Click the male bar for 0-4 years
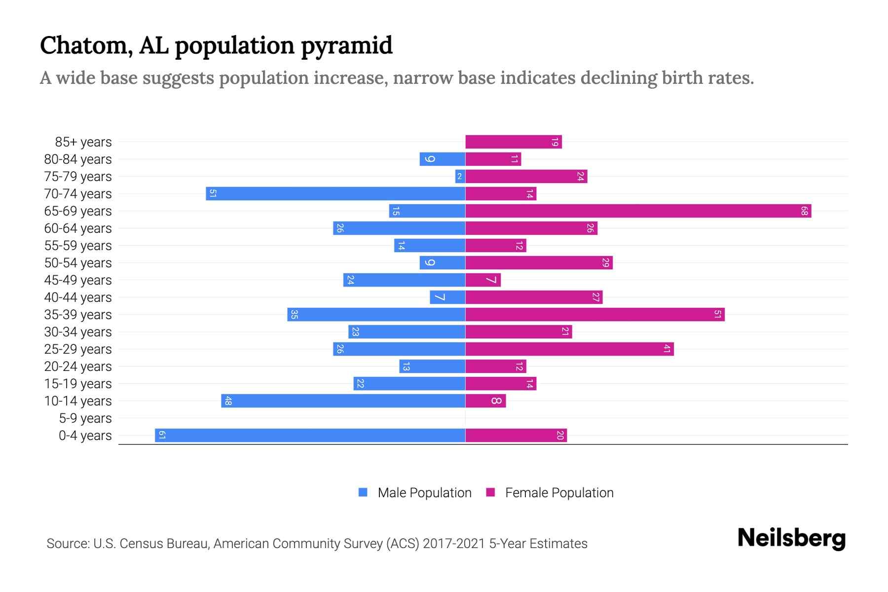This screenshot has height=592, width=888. (x=310, y=435)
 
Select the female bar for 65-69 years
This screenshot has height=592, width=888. (x=638, y=211)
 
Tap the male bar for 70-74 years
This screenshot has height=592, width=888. (x=335, y=194)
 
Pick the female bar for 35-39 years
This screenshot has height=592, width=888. (x=594, y=314)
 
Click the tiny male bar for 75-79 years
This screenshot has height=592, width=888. (x=460, y=177)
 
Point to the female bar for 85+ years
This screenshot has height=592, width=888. (x=513, y=142)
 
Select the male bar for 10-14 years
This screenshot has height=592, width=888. (x=343, y=401)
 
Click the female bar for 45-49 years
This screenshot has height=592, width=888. (x=482, y=280)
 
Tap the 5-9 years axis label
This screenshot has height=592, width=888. (x=85, y=418)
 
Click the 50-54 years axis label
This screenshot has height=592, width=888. (x=78, y=263)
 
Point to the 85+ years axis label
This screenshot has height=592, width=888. (x=83, y=142)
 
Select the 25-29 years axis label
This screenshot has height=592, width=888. (x=78, y=349)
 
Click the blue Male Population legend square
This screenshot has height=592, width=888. (x=363, y=492)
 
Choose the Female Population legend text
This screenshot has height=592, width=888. (x=559, y=493)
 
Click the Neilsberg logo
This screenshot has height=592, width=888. (x=791, y=538)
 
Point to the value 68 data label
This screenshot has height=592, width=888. (x=804, y=211)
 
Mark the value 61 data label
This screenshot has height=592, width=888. (x=162, y=435)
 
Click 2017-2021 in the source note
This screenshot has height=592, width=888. (x=454, y=544)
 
